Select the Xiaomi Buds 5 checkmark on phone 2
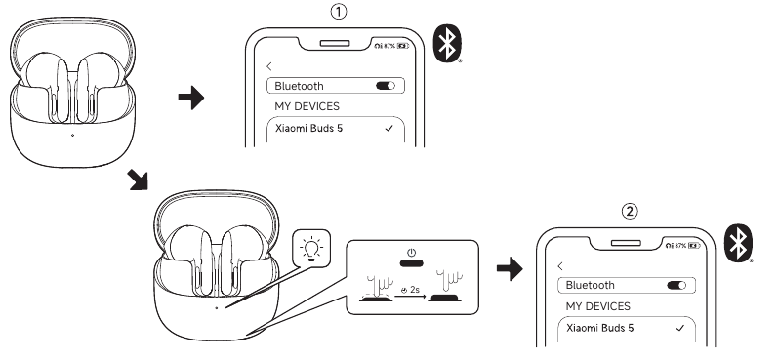(x=679, y=328)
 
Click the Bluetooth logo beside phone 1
(x=450, y=43)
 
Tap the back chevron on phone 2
(x=560, y=265)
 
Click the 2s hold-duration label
(x=413, y=289)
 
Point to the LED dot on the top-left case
(x=72, y=135)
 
